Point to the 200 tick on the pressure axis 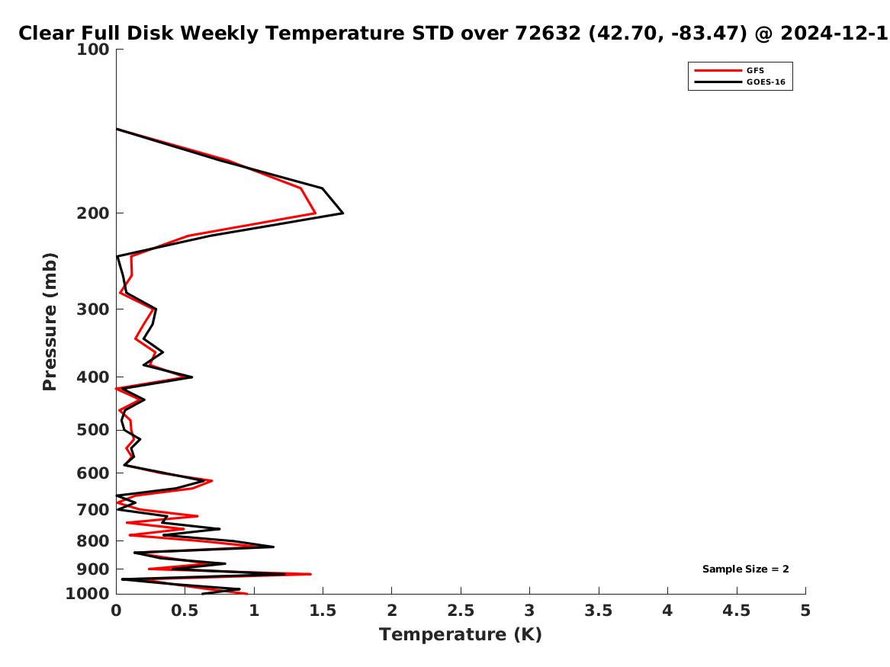click(x=92, y=213)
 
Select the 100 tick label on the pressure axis click(x=92, y=50)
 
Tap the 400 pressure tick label click(x=92, y=377)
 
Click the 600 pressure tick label click(x=92, y=473)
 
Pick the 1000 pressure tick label click(x=88, y=594)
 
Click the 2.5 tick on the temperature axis click(x=461, y=611)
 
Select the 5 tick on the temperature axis click(x=805, y=611)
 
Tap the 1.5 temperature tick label click(x=323, y=611)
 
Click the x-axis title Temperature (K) click(x=461, y=634)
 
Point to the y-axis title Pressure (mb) click(x=50, y=322)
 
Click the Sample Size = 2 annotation click(x=745, y=569)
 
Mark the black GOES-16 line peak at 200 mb click(x=343, y=213)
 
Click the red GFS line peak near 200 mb click(x=315, y=213)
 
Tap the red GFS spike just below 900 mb click(x=310, y=574)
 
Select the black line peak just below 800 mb click(x=274, y=547)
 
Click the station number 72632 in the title click(x=548, y=33)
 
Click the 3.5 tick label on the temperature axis click(x=598, y=611)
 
